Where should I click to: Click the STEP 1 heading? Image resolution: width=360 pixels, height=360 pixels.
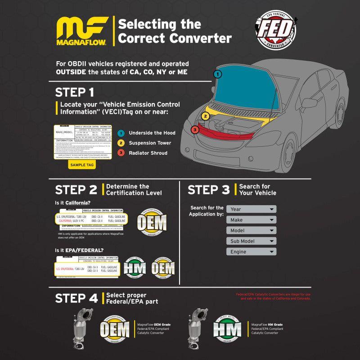click(x=75, y=92)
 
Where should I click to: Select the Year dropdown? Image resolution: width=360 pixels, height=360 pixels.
click(x=251, y=209)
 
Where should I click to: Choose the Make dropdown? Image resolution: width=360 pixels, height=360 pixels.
click(x=251, y=220)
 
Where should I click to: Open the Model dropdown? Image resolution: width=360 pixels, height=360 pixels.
click(x=251, y=230)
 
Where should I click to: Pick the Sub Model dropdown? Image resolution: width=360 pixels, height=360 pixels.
click(x=251, y=241)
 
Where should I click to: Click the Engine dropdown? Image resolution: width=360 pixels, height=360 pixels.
click(x=251, y=252)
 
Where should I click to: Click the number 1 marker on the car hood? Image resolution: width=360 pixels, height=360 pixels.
click(x=218, y=74)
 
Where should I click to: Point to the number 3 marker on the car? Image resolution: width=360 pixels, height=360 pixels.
click(x=194, y=130)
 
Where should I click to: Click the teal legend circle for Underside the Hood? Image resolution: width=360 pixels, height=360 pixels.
click(x=120, y=133)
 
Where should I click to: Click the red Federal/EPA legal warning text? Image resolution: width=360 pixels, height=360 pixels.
click(x=273, y=297)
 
